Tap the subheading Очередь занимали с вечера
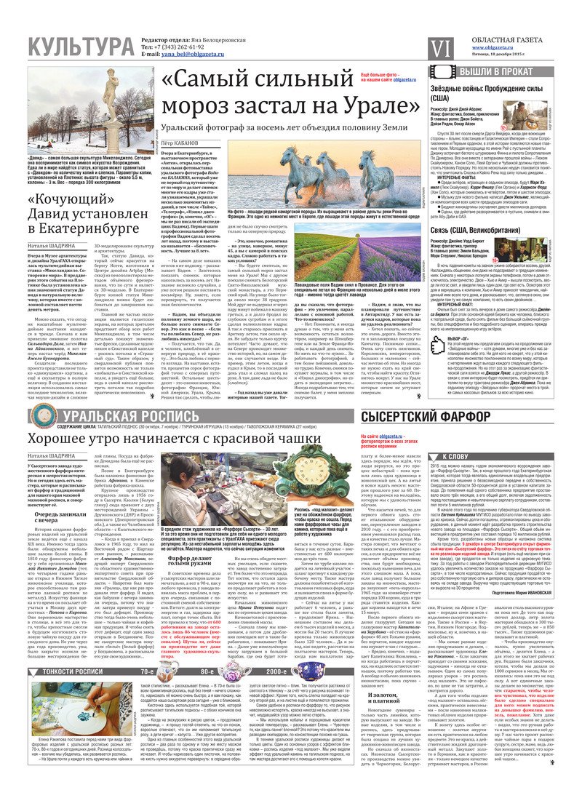[x=62, y=553]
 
